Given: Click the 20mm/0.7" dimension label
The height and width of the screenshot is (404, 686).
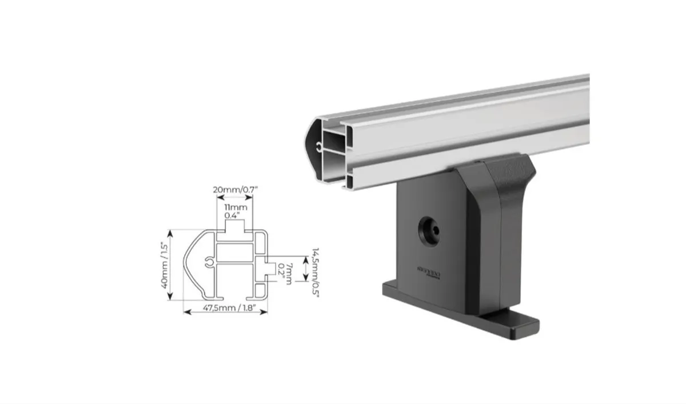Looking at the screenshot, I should click(235, 189).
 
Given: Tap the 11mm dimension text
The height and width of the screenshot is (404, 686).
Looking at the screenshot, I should click(236, 207).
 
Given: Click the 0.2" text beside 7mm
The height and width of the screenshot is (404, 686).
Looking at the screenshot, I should click(282, 269).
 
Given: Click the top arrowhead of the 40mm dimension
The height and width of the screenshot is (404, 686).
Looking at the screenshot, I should click(169, 232).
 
